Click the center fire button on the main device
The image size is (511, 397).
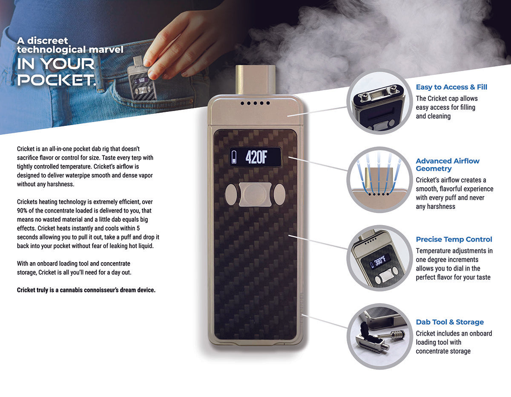click(x=255, y=194)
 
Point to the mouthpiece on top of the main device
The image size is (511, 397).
click(x=255, y=80)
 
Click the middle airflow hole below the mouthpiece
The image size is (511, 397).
click(x=255, y=103)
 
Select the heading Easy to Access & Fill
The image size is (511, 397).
click(x=451, y=87)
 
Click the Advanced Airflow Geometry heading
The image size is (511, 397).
click(x=447, y=165)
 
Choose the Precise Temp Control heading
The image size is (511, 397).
click(x=454, y=240)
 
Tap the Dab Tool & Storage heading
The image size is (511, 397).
click(x=450, y=322)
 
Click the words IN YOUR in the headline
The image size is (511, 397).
click(x=56, y=64)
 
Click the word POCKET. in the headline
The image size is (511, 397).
click(x=56, y=80)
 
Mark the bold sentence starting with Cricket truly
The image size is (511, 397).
click(x=86, y=290)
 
